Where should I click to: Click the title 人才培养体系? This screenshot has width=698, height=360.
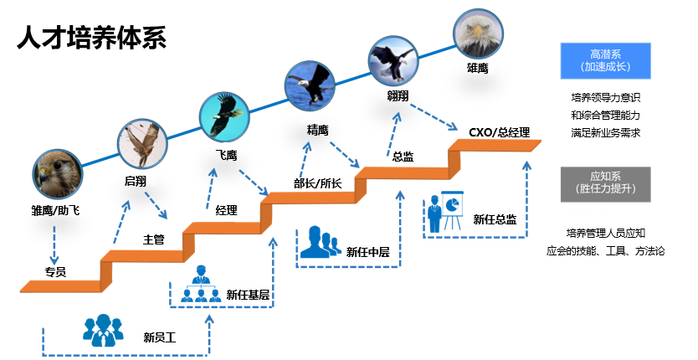coord(91,38)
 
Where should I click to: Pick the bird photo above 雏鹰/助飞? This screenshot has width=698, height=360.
coord(58,172)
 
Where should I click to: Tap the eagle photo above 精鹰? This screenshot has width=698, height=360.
coord(311,85)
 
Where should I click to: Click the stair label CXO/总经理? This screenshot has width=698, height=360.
coord(499,132)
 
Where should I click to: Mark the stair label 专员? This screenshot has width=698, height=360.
coord(55,271)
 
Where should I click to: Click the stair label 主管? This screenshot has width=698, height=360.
coord(153,239)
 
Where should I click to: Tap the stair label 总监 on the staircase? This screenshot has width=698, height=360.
coord(404,156)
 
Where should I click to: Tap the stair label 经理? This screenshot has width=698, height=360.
coord(226,210)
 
